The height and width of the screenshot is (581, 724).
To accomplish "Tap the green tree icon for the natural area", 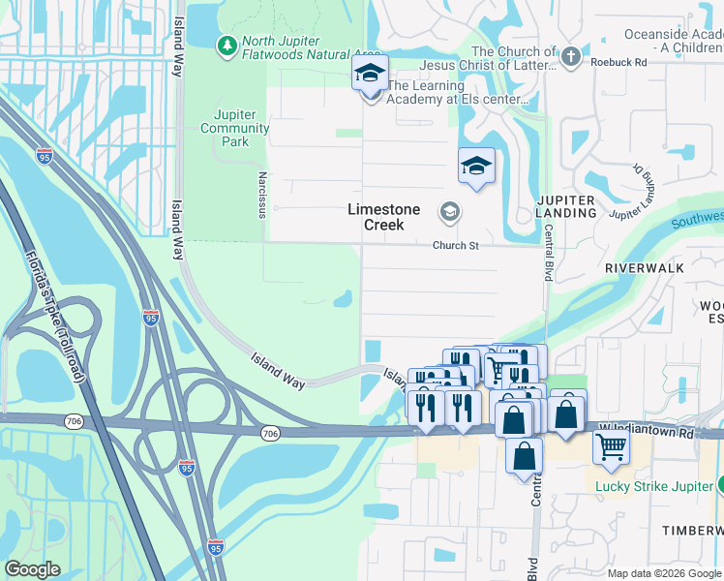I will pos(226,45).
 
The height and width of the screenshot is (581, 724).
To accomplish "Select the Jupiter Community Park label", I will pos(235,128).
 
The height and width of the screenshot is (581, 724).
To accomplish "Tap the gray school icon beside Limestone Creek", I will pos(449,211).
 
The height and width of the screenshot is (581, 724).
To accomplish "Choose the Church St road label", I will pos(456,246).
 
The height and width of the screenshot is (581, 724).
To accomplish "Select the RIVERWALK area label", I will pos(645,267).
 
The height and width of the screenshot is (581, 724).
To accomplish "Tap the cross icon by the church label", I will pos(571,57).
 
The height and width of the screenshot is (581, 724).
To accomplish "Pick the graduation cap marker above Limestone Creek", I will pos(476,166).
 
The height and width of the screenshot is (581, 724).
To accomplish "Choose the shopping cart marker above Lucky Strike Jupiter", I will pos(612,446).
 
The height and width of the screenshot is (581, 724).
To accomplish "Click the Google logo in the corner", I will pos(32,569).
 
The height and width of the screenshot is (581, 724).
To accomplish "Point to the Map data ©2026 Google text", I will pos(664,573).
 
